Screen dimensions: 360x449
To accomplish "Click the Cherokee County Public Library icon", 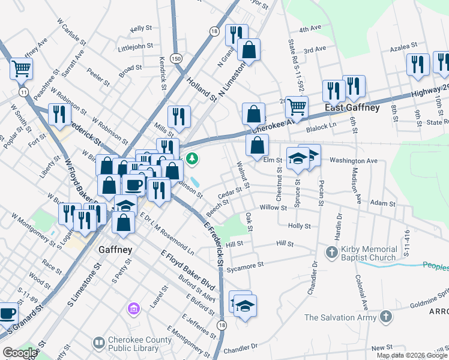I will [99, 343].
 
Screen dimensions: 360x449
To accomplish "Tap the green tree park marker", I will [192, 160].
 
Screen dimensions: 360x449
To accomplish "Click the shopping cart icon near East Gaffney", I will [297, 107].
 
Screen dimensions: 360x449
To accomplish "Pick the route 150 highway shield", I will [175, 58].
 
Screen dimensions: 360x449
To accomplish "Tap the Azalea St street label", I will [403, 46].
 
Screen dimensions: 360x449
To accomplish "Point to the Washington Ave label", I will [354, 161].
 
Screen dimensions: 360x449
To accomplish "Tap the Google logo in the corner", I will [20, 352].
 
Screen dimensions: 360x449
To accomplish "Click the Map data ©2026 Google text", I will [412, 355].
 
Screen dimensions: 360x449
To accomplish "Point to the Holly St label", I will [299, 226].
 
